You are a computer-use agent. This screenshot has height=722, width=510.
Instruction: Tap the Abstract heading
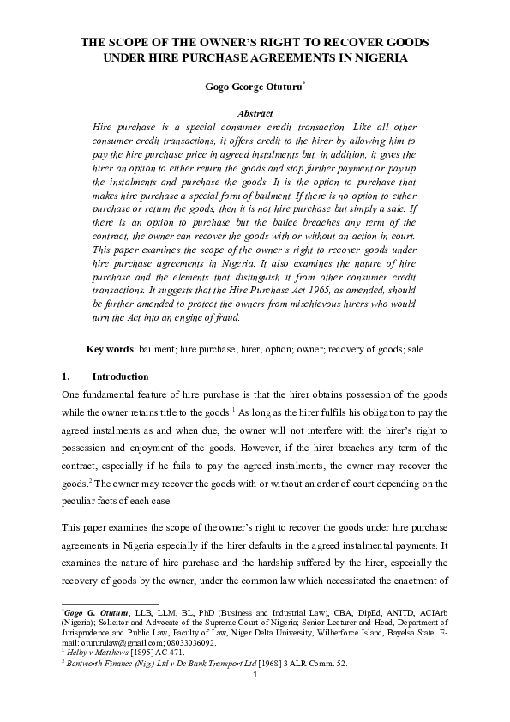point(255,113)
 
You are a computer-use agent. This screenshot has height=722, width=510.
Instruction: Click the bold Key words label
point(112,350)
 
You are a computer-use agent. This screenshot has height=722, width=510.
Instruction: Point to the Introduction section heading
point(120,376)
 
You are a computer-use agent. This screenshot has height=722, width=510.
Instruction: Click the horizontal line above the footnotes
point(98,604)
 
